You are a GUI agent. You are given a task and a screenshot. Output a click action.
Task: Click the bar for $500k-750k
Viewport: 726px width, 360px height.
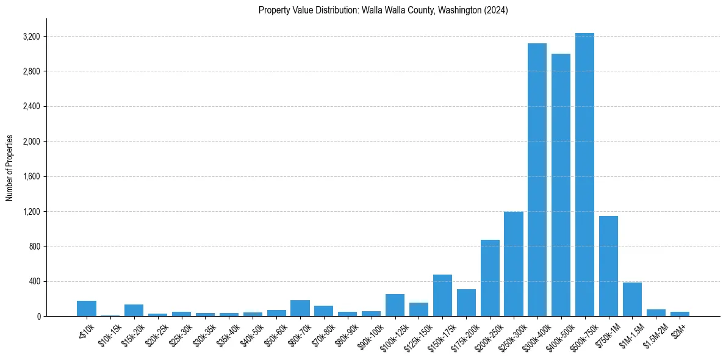(584, 175)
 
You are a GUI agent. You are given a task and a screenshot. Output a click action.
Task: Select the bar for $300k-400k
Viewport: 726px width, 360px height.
(537, 180)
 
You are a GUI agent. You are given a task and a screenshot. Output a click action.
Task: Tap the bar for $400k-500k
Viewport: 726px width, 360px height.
(561, 185)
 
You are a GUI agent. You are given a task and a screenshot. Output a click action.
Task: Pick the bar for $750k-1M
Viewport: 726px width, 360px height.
(608, 266)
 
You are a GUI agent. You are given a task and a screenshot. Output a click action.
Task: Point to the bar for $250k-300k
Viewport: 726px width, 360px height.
(513, 264)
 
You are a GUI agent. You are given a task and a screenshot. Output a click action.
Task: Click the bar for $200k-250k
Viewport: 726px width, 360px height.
(490, 278)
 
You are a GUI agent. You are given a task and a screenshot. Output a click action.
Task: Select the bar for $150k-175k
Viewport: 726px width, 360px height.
(442, 295)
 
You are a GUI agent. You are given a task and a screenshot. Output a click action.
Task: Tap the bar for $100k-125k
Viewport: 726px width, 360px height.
(395, 305)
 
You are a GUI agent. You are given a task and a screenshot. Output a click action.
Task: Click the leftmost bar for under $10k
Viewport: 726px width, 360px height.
(87, 309)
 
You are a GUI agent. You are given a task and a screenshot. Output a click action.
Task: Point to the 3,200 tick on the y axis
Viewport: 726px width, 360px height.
(31, 37)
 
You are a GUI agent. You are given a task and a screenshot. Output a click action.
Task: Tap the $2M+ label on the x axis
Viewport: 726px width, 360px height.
(678, 328)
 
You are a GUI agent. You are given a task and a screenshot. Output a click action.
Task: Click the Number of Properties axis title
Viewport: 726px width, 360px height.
(9, 168)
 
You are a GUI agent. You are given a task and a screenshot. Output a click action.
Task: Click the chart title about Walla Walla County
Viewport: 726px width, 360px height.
(383, 10)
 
